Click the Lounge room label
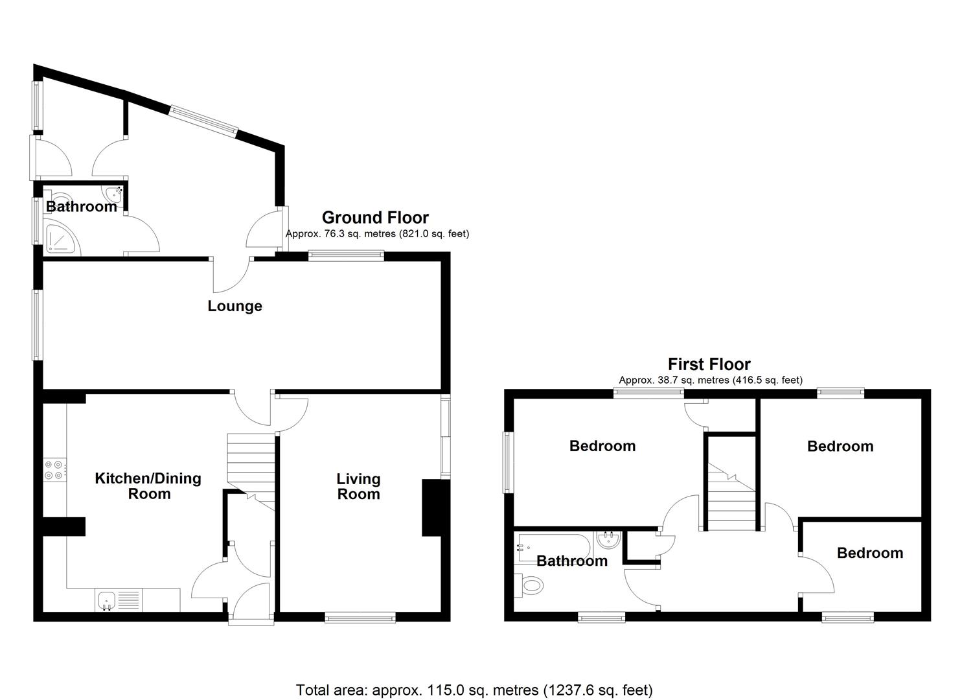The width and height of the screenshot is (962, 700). pos(235,306)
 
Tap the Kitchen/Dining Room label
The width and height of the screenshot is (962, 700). pos(148,486)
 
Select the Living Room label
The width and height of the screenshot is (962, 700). pos(358,486)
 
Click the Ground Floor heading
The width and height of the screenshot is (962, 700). pos(375,217)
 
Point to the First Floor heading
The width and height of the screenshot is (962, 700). pos(709,364)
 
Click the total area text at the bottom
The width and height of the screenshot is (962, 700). pos(474,690)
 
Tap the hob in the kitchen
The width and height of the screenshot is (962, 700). pos(54,469)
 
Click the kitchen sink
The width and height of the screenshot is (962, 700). pos(106,600)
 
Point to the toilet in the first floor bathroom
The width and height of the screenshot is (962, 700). pos(529,586)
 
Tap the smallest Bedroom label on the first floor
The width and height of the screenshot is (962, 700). pos(869,553)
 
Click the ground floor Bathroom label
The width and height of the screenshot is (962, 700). pos(82,207)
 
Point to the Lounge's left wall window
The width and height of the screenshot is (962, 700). pos(38,324)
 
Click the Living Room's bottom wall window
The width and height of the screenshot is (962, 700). pos(360,619)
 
